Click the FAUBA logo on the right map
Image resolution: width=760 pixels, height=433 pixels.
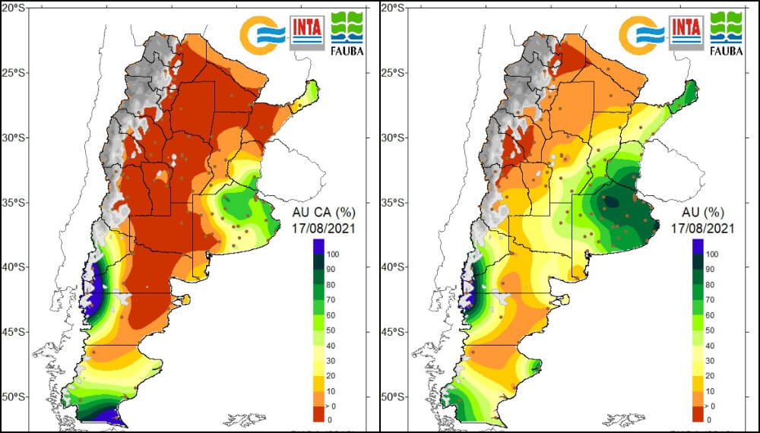pos(727,33)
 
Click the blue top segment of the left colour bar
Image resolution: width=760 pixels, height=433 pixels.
pos(318,246)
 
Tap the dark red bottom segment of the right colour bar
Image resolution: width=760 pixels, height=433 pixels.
pos(697,412)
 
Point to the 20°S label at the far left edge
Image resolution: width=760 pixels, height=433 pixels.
pos(16,8)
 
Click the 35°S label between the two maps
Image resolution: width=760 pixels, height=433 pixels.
pos(395,203)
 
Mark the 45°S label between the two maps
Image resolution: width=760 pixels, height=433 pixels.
pos(395,332)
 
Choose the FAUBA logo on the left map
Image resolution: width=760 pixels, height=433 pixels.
pos(347,33)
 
